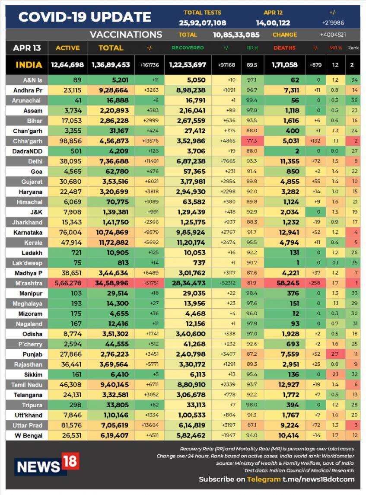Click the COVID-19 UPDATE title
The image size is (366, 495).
(x=85, y=17)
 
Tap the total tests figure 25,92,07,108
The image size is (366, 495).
(x=202, y=23)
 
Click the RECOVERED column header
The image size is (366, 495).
(x=188, y=48)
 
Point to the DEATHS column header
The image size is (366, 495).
(x=284, y=48)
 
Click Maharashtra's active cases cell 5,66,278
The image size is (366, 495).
(x=67, y=284)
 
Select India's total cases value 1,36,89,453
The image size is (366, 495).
(x=111, y=65)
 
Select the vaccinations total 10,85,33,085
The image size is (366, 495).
(x=236, y=35)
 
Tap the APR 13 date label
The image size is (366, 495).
(x=27, y=48)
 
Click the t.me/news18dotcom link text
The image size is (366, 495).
(x=318, y=479)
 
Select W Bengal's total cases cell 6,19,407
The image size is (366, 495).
(x=111, y=436)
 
